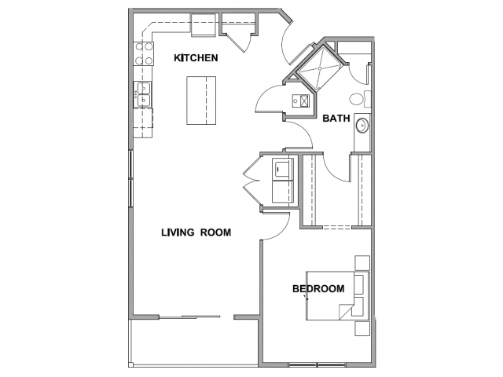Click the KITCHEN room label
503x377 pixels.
(x=196, y=57)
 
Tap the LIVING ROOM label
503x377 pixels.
(x=196, y=232)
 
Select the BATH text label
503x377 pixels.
(x=336, y=119)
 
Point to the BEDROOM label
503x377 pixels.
(x=318, y=288)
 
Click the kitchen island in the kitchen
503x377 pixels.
(x=201, y=101)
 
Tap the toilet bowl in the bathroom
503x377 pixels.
(x=356, y=99)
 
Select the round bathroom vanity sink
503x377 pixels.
(x=362, y=126)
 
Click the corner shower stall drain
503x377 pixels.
(x=320, y=68)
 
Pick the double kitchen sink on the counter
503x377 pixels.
(x=143, y=94)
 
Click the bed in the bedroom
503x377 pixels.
(x=337, y=295)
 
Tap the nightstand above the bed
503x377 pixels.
(x=362, y=263)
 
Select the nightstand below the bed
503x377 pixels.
(x=362, y=328)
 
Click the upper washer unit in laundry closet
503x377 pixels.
(x=283, y=169)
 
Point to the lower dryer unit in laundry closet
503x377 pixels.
(x=283, y=192)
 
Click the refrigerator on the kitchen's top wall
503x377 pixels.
(x=204, y=25)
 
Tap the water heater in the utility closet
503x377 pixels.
(x=301, y=101)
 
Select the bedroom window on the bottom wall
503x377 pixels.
(x=317, y=364)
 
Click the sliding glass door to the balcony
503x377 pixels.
(x=190, y=317)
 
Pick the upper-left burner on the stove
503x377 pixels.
(x=140, y=47)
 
